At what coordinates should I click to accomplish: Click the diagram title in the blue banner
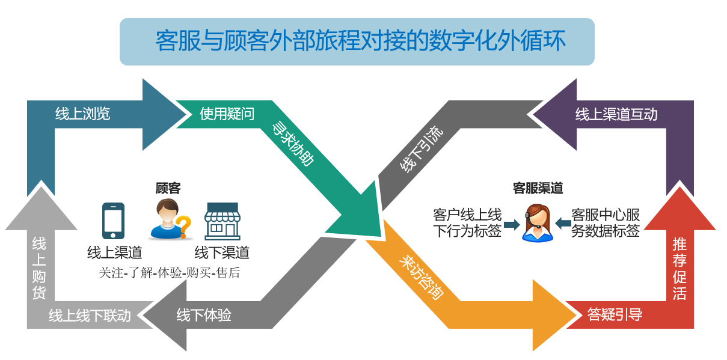(360, 41)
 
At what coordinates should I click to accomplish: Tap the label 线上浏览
(83, 114)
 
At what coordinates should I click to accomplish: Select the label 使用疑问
(227, 114)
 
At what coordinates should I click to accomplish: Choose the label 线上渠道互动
(616, 114)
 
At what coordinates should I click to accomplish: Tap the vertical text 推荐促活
(679, 269)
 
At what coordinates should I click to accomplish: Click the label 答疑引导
(615, 314)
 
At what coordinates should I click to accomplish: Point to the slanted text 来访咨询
(422, 278)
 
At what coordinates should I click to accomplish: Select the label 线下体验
(204, 314)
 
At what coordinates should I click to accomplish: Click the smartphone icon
(113, 221)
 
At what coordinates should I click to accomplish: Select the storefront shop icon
(222, 221)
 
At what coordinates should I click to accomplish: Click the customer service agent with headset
(537, 223)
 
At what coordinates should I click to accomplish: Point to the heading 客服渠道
(538, 188)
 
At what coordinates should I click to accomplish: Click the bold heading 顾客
(168, 188)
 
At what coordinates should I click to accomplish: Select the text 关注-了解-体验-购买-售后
(169, 273)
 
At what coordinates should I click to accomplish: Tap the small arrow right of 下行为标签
(512, 224)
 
